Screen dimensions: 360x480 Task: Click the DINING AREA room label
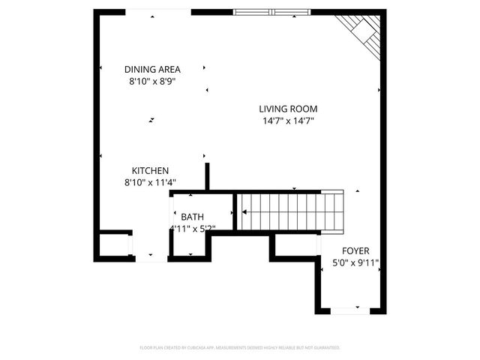[152, 70]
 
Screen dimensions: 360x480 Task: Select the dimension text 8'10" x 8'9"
[152, 82]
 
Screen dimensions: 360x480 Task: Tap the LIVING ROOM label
[287, 109]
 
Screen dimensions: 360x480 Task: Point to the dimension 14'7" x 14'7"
[287, 121]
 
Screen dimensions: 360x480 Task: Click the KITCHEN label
[150, 170]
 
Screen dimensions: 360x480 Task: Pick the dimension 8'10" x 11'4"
[150, 182]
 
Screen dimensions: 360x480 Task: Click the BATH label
[192, 217]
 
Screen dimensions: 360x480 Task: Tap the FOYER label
[355, 250]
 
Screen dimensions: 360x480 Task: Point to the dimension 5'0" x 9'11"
[355, 263]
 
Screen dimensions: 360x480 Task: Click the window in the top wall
[271, 12]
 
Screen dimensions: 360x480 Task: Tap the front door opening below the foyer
[350, 310]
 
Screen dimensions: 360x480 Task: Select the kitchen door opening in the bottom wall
[151, 258]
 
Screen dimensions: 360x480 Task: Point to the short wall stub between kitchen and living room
[208, 177]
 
